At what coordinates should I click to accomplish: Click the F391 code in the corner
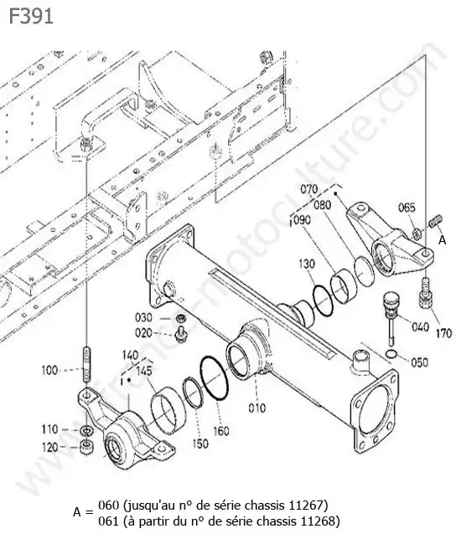[31, 16]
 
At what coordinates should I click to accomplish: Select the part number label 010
[256, 408]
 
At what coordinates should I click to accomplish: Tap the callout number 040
[420, 326]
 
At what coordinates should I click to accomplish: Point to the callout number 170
[443, 333]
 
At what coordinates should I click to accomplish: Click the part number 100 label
[49, 370]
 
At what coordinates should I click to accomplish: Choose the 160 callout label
[221, 431]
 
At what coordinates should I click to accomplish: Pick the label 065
[407, 208]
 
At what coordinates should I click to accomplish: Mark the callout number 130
[307, 264]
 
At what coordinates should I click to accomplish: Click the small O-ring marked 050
[391, 354]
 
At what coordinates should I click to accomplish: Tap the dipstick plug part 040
[389, 314]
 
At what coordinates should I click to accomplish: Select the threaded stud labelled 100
[86, 364]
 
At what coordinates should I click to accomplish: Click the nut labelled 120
[86, 446]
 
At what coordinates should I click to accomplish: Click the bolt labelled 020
[181, 334]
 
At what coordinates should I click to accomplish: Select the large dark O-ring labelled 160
[215, 377]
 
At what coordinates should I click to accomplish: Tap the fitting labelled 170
[426, 293]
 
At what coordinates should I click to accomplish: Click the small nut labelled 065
[417, 234]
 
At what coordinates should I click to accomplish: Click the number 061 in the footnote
[108, 521]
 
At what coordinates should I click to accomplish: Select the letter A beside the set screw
[442, 239]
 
